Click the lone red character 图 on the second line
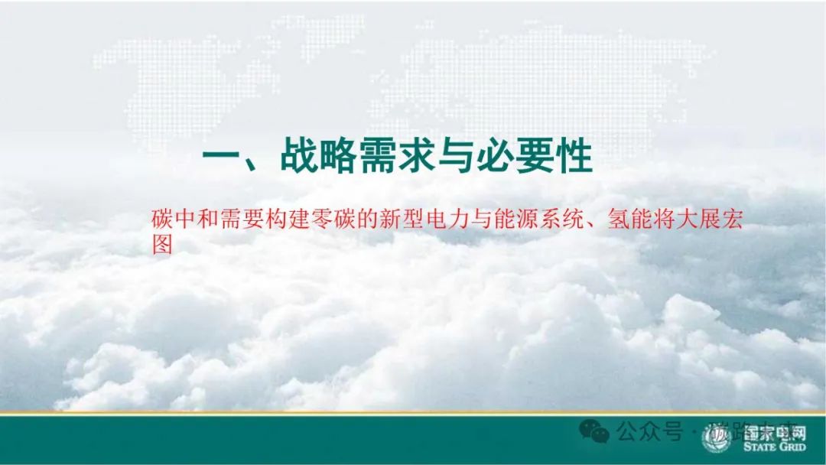[163, 244]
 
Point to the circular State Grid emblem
[717, 439]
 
